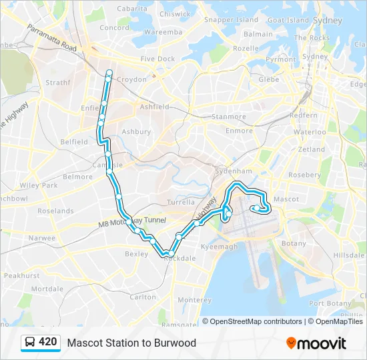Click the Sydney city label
point(327,21)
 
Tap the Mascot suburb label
point(286,199)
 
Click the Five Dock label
point(157,59)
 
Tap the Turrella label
point(181,202)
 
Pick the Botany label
point(294,244)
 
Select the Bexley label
point(136,254)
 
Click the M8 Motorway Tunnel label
point(130,222)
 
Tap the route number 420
point(47,342)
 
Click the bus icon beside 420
point(30,343)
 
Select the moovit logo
point(316,343)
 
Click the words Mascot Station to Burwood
point(131,343)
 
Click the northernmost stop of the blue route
point(108,72)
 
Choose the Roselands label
point(55,211)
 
